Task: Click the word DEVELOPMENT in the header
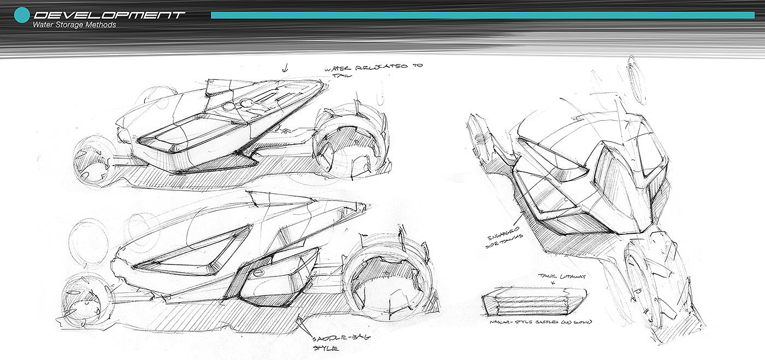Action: pos(109,15)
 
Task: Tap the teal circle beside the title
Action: pos(21,15)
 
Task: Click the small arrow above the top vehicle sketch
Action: pos(284,68)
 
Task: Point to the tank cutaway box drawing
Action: pos(534,303)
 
